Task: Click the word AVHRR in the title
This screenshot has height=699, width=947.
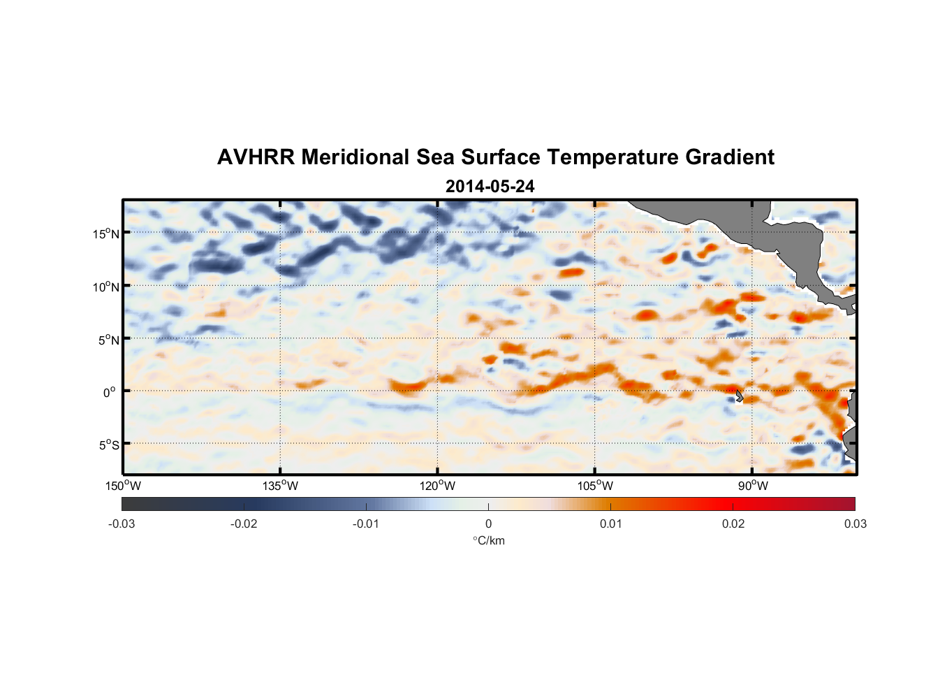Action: tap(256, 157)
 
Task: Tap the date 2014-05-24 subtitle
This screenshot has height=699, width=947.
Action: tap(490, 187)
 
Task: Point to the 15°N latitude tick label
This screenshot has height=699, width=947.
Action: tap(106, 233)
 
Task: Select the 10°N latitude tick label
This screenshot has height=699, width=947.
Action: tap(106, 287)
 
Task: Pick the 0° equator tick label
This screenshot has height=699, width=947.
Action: tap(110, 392)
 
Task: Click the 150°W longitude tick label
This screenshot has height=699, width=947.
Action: tap(123, 486)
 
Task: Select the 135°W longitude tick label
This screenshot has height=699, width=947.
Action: tap(280, 486)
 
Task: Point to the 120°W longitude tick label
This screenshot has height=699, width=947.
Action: tap(438, 486)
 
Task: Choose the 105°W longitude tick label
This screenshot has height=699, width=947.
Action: tap(595, 486)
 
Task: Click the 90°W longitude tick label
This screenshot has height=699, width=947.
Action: tap(753, 486)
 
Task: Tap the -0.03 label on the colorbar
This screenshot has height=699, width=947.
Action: tap(122, 524)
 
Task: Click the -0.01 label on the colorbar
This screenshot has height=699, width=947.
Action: tap(366, 524)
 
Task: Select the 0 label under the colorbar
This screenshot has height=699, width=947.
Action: tap(488, 524)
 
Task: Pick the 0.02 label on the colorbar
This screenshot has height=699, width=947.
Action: tap(733, 524)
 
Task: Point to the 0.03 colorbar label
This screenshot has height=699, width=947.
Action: tap(855, 524)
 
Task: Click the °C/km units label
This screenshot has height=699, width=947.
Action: tap(489, 540)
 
